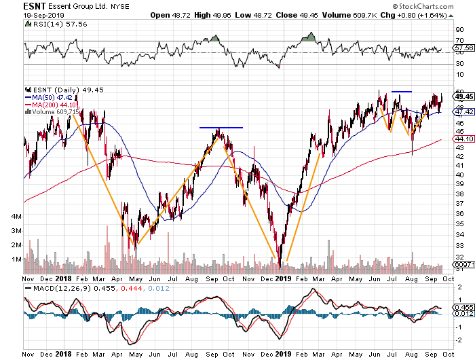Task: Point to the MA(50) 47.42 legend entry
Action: [52, 96]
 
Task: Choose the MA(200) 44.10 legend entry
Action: [54, 104]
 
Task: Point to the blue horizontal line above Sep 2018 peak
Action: [221, 127]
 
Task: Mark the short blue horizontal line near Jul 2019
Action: [402, 91]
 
